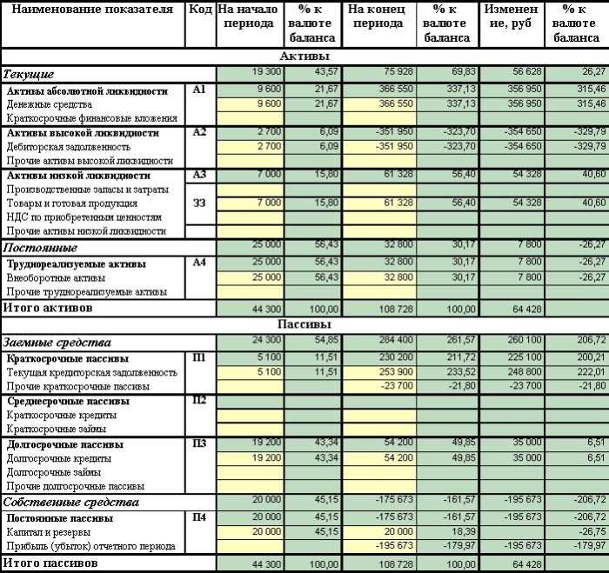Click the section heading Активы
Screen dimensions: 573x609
(x=304, y=56)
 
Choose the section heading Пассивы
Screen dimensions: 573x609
(x=304, y=324)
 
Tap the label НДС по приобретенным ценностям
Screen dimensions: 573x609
(x=84, y=217)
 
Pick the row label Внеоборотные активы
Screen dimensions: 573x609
(x=55, y=277)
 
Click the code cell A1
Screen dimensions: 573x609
(x=199, y=90)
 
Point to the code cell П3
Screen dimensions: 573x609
(x=199, y=443)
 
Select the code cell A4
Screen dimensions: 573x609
(x=199, y=263)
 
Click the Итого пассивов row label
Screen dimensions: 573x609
(x=49, y=563)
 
